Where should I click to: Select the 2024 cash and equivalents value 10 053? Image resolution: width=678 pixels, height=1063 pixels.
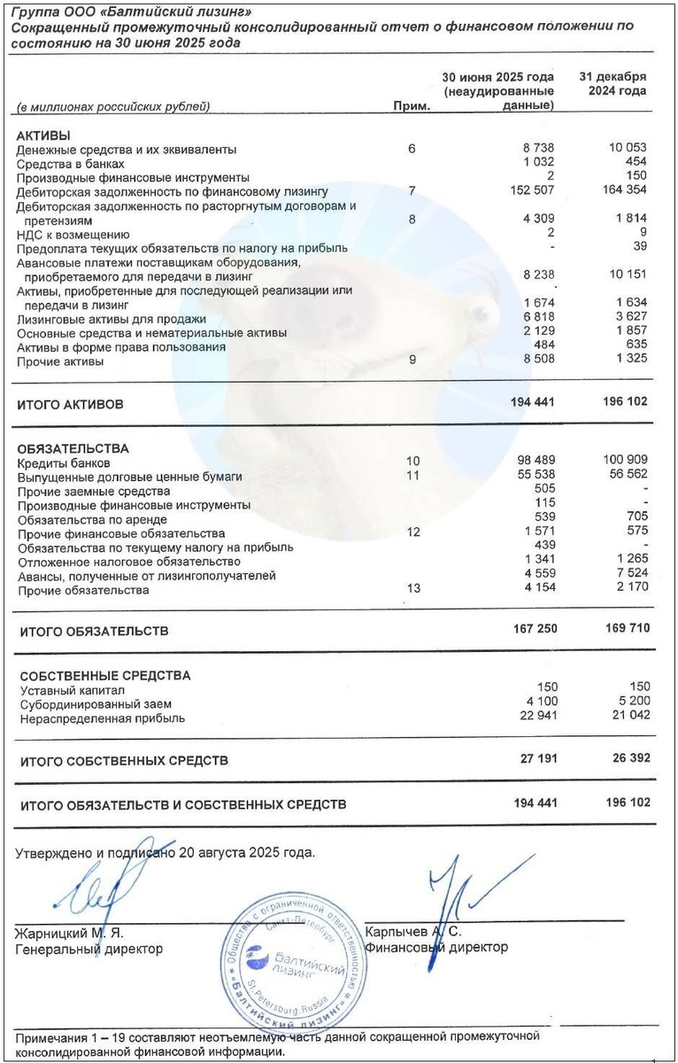[x=626, y=148]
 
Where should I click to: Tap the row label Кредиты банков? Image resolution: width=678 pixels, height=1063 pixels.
[x=64, y=462]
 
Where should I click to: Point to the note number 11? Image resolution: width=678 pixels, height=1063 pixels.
[x=412, y=476]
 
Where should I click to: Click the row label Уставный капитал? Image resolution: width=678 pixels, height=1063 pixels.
[x=72, y=690]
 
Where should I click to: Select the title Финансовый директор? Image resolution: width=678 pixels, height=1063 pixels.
[x=436, y=947]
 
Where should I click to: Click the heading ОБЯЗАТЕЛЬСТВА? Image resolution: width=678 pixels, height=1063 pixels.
[x=73, y=448]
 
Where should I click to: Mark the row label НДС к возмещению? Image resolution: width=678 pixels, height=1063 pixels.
[x=73, y=234]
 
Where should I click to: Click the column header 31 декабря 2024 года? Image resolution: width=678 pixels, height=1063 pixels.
[x=613, y=83]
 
